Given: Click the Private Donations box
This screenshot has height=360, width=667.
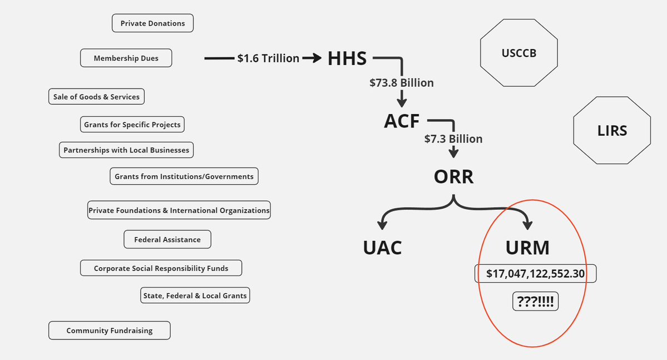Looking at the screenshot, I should tap(152, 23).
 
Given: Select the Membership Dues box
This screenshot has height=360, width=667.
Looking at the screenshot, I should tap(126, 58).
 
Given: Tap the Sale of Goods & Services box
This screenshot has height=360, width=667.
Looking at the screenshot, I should tap(96, 96).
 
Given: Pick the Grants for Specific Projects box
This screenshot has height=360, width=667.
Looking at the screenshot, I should tap(132, 124).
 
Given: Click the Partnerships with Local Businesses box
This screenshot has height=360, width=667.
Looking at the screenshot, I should tap(126, 150).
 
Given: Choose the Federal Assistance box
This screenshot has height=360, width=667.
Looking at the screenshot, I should tap(167, 239).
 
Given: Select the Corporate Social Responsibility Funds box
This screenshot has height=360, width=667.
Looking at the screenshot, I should tap(161, 268).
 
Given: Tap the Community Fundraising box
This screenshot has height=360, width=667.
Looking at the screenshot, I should tap(109, 330).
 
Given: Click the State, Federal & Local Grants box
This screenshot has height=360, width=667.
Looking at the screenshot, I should tap(195, 295).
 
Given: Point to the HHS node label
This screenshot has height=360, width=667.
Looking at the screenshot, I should tap(347, 58).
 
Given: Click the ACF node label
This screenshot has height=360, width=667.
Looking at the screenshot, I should tap(402, 121).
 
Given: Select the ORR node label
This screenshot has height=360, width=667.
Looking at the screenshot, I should tap(453, 176).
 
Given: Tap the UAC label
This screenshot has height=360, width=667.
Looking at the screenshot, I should tap(382, 247).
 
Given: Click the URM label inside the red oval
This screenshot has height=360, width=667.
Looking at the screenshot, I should tap(527, 247).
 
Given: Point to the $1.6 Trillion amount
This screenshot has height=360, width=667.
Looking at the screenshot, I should tap(268, 58).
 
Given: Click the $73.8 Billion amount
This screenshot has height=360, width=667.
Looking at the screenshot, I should tap(401, 83).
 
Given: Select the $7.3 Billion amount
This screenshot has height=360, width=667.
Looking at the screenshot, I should tap(453, 139).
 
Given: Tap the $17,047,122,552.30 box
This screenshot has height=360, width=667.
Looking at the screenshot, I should tap(535, 273).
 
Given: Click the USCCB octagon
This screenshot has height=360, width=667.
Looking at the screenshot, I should tap(519, 53).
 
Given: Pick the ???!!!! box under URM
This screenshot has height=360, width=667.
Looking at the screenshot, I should tap(535, 302).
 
